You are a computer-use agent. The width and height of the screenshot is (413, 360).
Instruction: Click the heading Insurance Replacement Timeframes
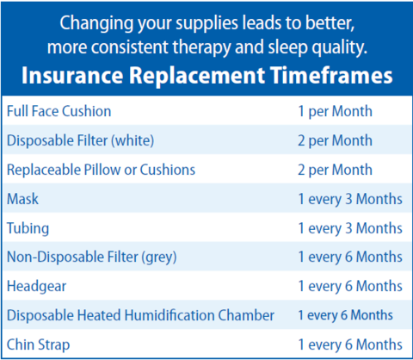click(206, 76)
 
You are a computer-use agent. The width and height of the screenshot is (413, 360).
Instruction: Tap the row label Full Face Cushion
click(59, 111)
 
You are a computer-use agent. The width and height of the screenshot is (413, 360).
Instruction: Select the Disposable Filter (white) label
click(80, 140)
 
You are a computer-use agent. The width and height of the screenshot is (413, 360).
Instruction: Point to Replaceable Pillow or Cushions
click(101, 170)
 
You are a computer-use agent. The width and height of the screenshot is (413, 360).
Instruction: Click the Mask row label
click(22, 199)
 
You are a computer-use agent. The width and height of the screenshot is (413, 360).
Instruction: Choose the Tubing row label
click(28, 228)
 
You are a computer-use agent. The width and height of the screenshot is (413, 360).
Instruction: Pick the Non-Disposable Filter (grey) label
click(92, 257)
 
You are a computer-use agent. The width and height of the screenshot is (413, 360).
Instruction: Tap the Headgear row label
click(36, 287)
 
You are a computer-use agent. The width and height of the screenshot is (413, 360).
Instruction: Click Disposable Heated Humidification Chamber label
click(140, 315)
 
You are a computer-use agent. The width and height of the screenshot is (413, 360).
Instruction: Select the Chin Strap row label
click(38, 344)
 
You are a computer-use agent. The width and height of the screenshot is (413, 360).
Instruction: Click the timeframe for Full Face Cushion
click(336, 111)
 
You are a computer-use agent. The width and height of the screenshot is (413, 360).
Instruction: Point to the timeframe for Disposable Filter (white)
click(336, 140)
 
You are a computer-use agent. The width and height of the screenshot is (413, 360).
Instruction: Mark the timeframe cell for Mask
click(350, 199)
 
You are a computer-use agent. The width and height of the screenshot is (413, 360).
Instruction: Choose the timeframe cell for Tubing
click(350, 228)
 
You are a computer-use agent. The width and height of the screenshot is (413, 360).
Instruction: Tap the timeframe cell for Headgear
click(350, 286)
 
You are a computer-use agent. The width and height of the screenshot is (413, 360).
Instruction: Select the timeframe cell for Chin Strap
click(350, 344)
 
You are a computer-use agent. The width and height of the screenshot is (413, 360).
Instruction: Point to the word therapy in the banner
click(201, 47)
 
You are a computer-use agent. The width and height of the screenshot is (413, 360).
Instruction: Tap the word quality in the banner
click(339, 47)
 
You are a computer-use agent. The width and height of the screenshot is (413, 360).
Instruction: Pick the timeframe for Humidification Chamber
click(345, 315)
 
